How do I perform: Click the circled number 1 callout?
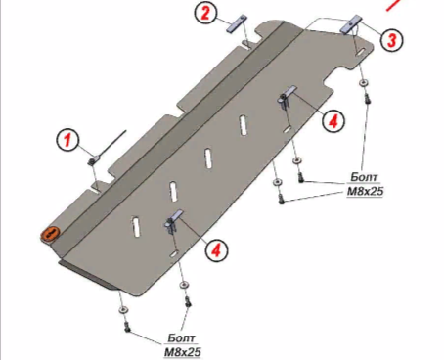(x=67, y=140)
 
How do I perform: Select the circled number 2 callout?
(x=205, y=14)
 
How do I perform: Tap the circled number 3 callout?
(x=391, y=40)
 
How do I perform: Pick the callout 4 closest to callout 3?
(x=333, y=121)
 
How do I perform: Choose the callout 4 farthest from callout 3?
(x=216, y=250)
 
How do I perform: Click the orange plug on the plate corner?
(x=50, y=234)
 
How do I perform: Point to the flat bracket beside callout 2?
(x=237, y=23)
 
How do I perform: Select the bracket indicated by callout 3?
(x=351, y=24)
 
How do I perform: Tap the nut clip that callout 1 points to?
(x=92, y=160)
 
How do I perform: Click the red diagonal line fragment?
(x=393, y=5)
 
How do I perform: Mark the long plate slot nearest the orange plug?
(x=136, y=226)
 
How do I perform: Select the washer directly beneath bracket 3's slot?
(x=364, y=83)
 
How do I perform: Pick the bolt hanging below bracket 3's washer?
(x=367, y=98)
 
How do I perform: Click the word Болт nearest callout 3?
(x=364, y=177)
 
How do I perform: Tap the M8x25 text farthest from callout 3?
(x=183, y=352)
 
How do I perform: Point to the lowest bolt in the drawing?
(x=127, y=327)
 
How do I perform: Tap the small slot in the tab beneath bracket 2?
(x=246, y=45)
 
